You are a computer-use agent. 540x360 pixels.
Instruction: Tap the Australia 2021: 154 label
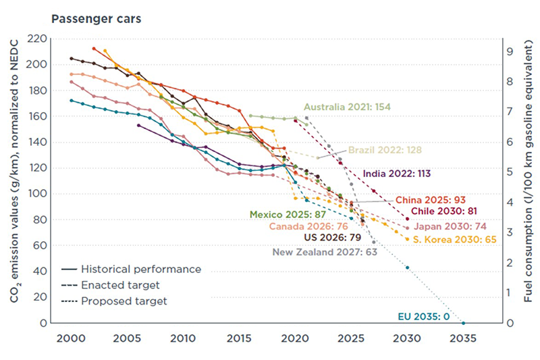tap(347, 107)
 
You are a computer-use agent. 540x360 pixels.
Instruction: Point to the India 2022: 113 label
tap(396, 173)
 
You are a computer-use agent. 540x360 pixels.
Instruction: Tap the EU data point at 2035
tap(463, 323)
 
